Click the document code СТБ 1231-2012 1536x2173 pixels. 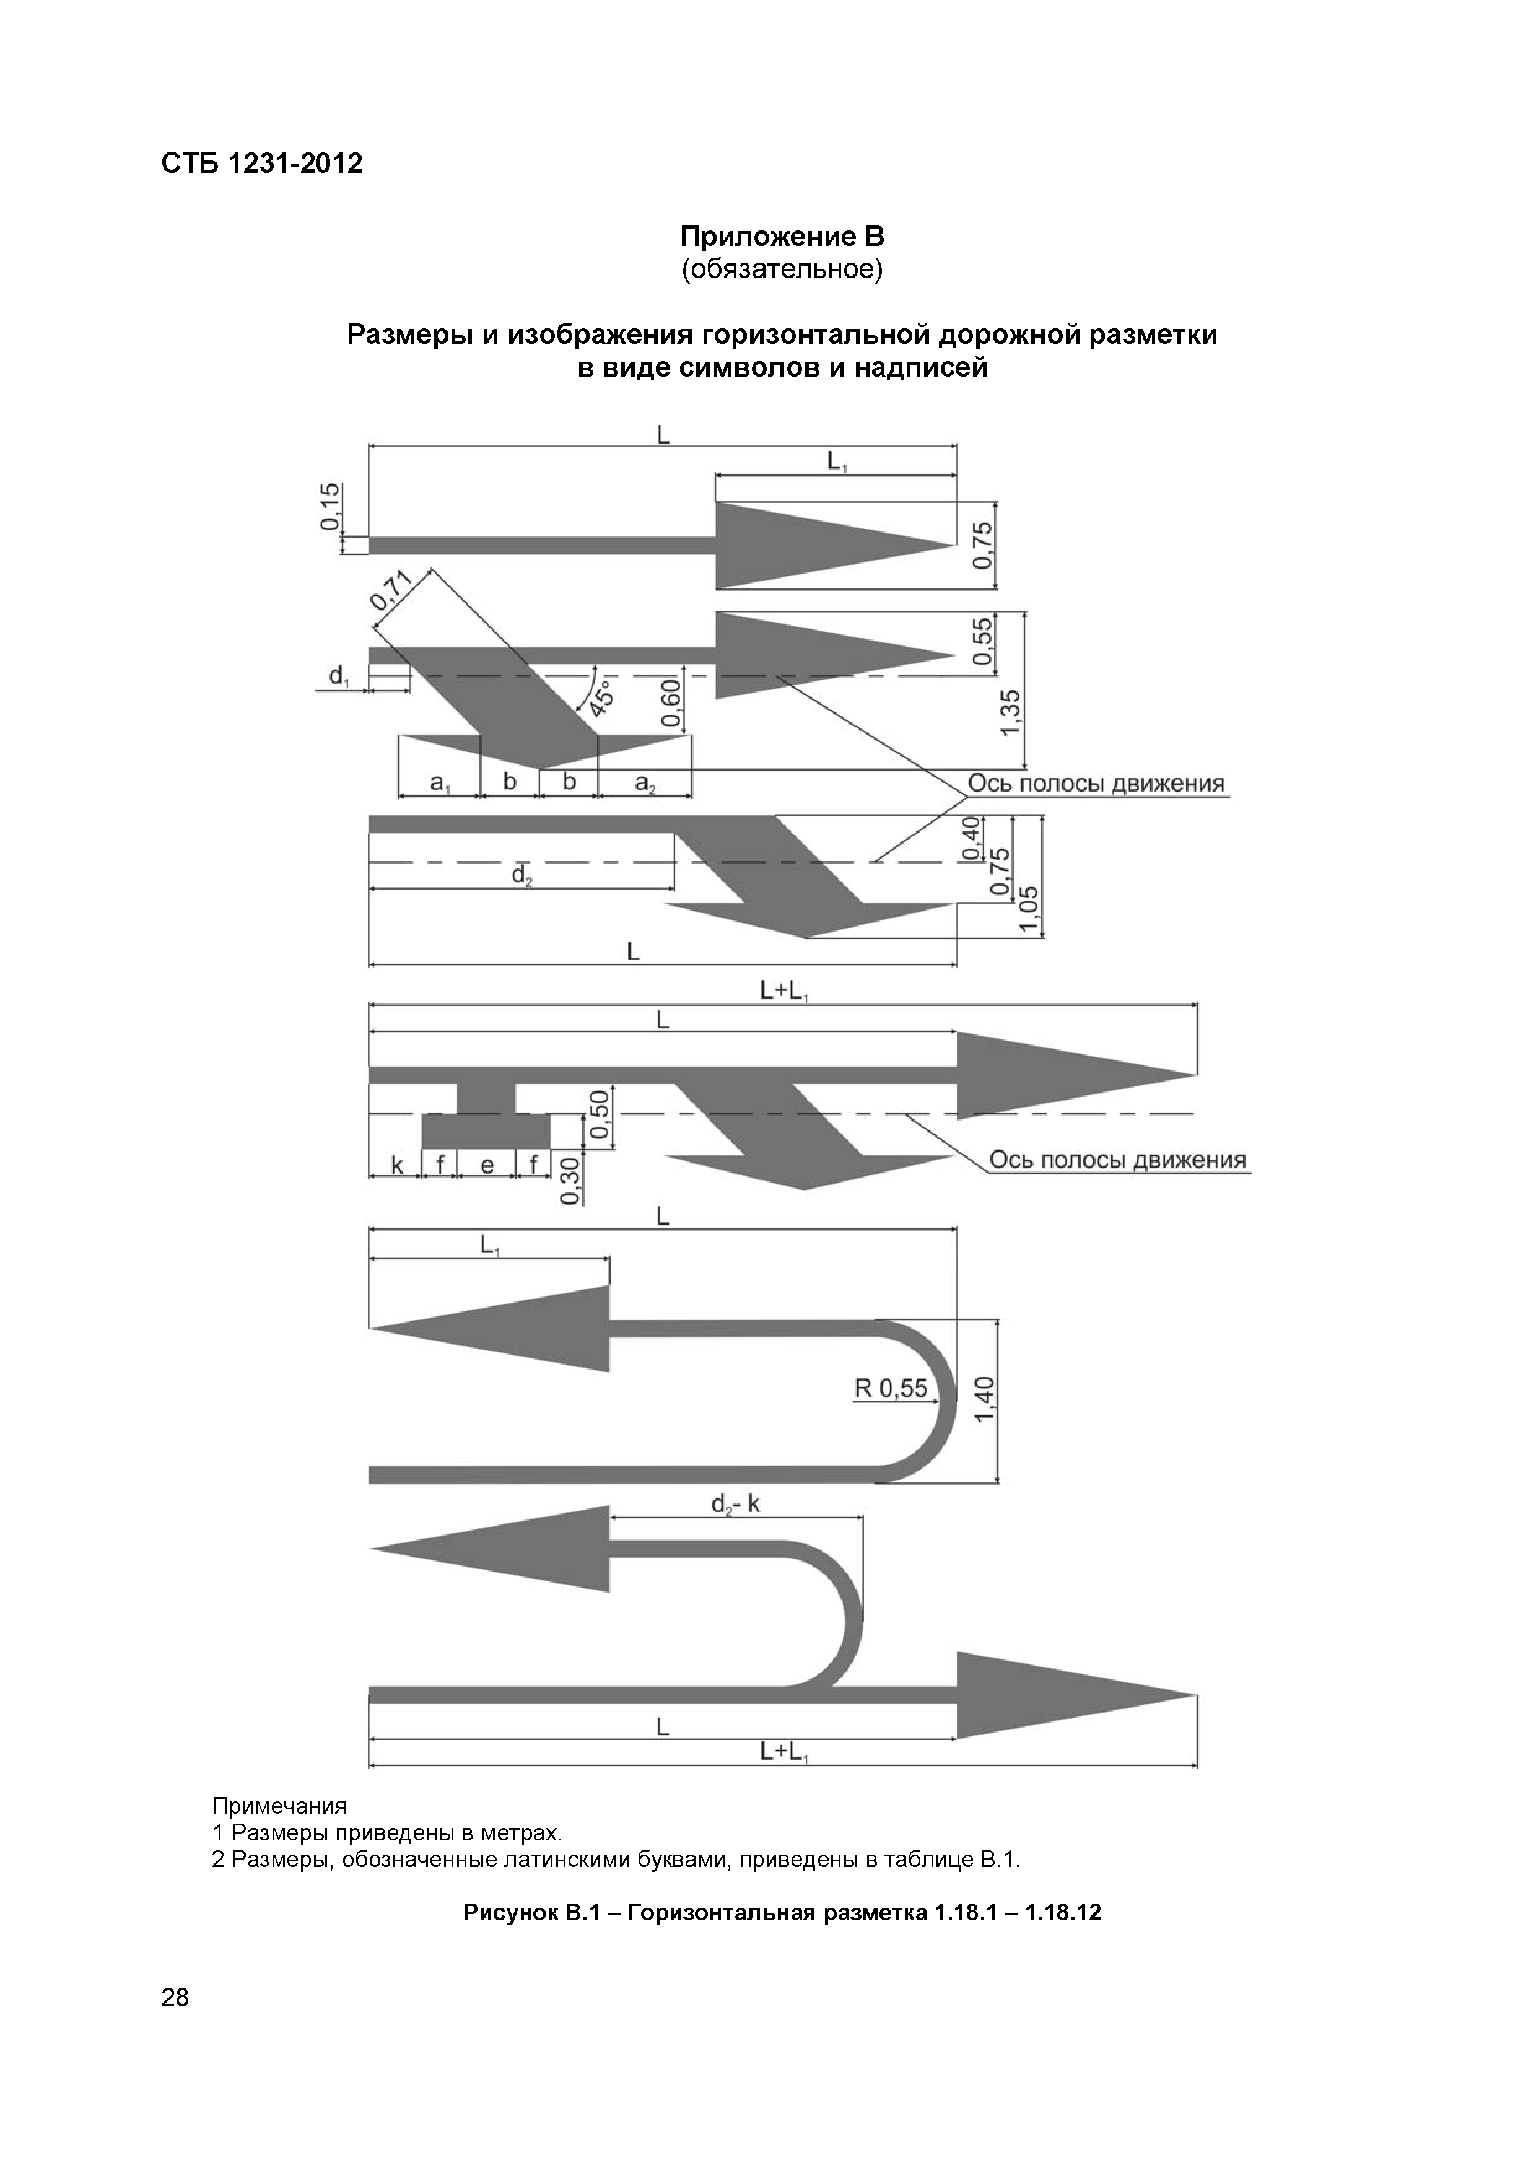pyautogui.click(x=261, y=164)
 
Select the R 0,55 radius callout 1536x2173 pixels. pyautogui.click(x=891, y=1388)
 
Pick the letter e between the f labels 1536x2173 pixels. pyautogui.click(x=486, y=1165)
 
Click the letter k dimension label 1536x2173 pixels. pyautogui.click(x=398, y=1165)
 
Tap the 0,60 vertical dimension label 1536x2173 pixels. pyautogui.click(x=671, y=702)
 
